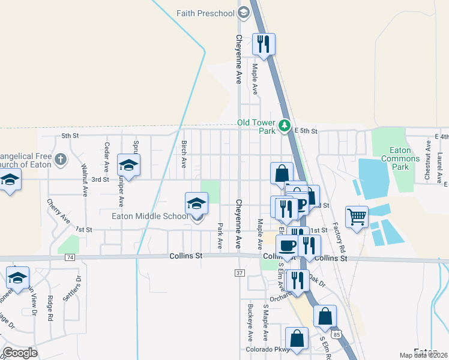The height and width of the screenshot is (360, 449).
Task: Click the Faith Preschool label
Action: coord(205,13)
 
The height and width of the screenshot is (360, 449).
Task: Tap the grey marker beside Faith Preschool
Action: coord(243,12)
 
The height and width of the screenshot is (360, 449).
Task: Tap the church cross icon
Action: coord(59,159)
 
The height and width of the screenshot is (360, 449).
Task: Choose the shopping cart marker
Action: coord(357,217)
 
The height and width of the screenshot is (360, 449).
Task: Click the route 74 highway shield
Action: coord(70,257)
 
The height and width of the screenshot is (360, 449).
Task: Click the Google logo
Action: coord(20,353)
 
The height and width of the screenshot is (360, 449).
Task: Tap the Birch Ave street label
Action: coord(184,154)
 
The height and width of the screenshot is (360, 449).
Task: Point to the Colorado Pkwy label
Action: coord(268,349)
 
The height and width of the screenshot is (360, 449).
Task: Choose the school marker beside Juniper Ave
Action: coord(128,165)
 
